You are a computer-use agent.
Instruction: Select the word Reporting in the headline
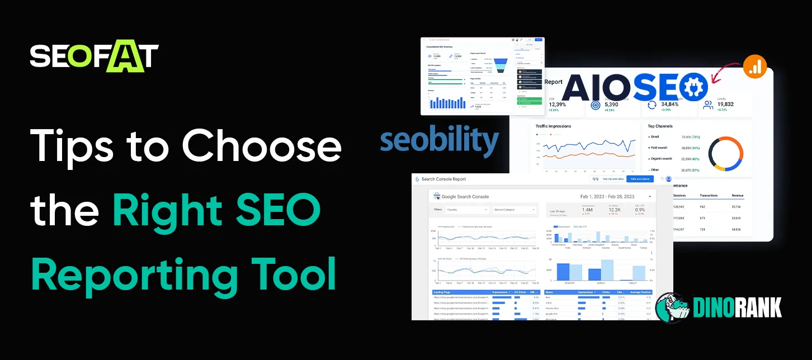pos(125,274)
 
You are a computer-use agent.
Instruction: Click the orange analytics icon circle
pos(754,67)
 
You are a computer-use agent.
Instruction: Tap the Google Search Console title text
pos(465,197)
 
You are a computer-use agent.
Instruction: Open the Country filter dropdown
pos(467,210)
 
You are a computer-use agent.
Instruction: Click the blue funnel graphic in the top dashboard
pos(501,65)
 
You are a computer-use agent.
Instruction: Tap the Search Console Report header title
pos(443,179)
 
